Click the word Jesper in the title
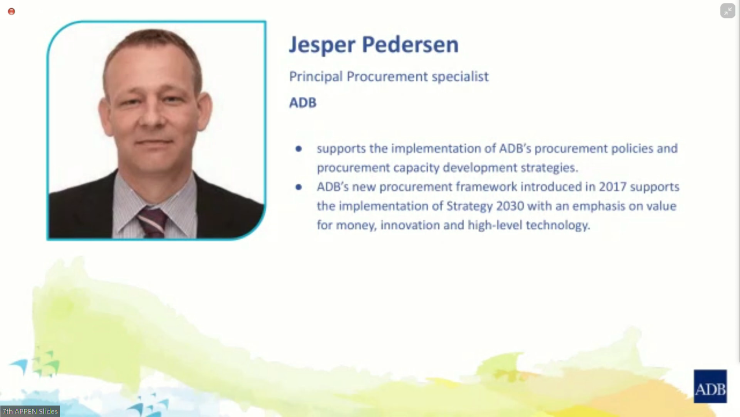coord(322,45)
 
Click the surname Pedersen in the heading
coord(410,44)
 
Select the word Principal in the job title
coord(316,77)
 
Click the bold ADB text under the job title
coord(303,103)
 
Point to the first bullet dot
coord(299,149)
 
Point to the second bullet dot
coord(299,187)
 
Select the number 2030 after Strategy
coord(510,206)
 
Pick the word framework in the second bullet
coord(486,187)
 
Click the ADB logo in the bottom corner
coord(711,386)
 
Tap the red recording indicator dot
coord(12,12)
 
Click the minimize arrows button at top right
coord(728,11)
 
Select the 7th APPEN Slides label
coord(30,411)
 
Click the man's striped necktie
coord(152,222)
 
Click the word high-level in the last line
coord(495,225)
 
